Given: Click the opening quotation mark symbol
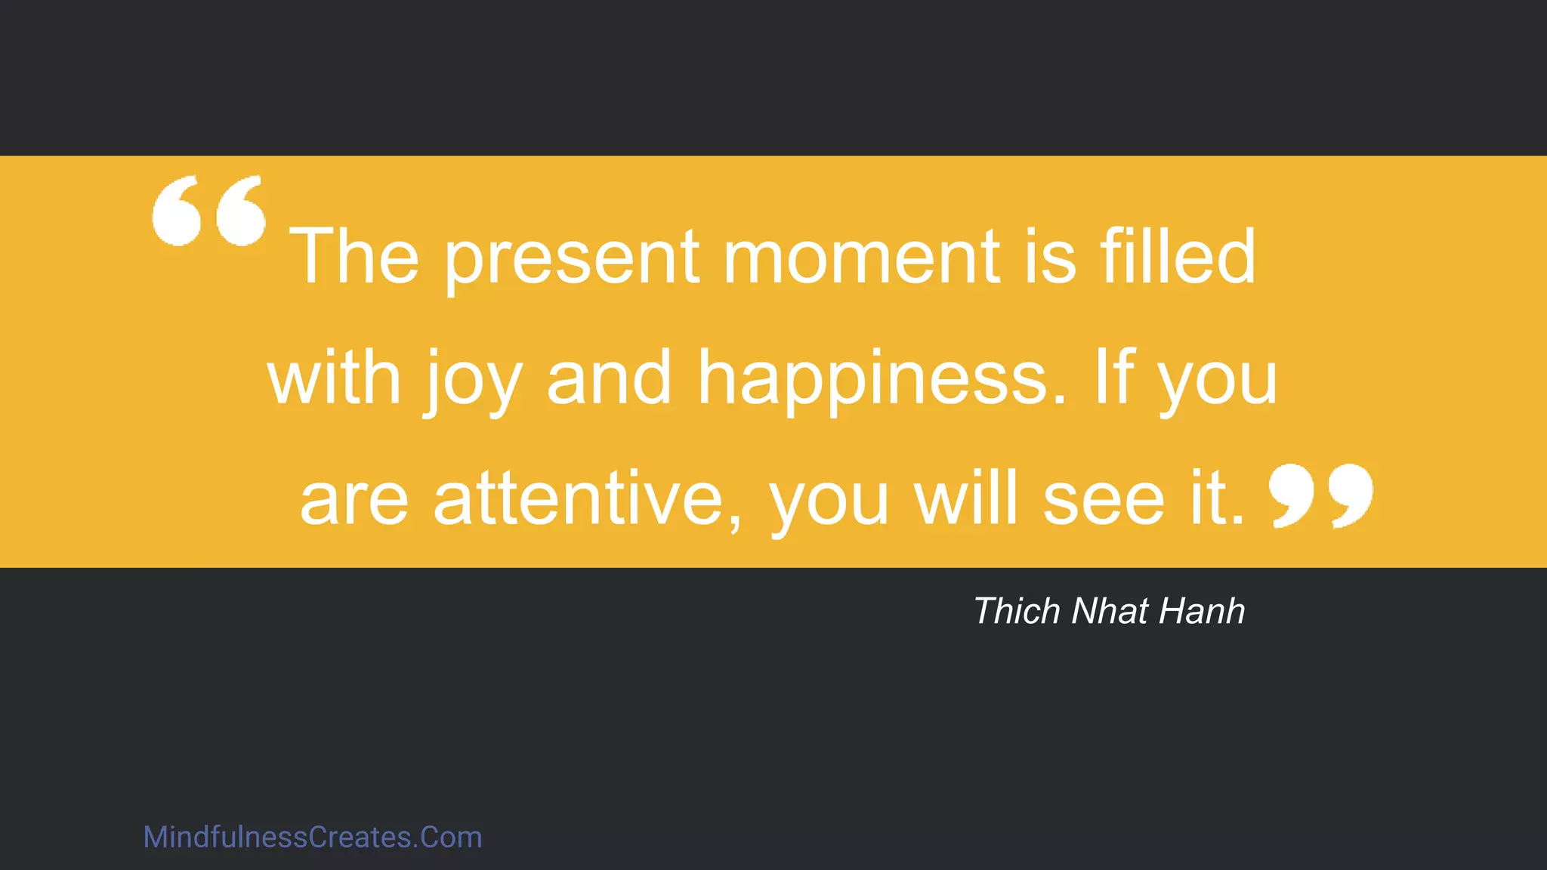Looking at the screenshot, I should (x=209, y=211).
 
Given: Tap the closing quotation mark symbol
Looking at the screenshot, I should (x=1321, y=495).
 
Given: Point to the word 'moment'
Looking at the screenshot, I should (x=862, y=258).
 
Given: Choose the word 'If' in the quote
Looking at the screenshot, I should (x=1114, y=377).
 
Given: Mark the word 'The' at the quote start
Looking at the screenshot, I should (x=354, y=256).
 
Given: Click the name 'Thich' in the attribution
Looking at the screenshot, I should (x=1017, y=611).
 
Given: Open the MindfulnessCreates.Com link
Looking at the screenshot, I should (x=313, y=838).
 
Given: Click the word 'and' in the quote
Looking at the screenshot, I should (x=609, y=378).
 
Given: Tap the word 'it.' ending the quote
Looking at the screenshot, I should (x=1217, y=498).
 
